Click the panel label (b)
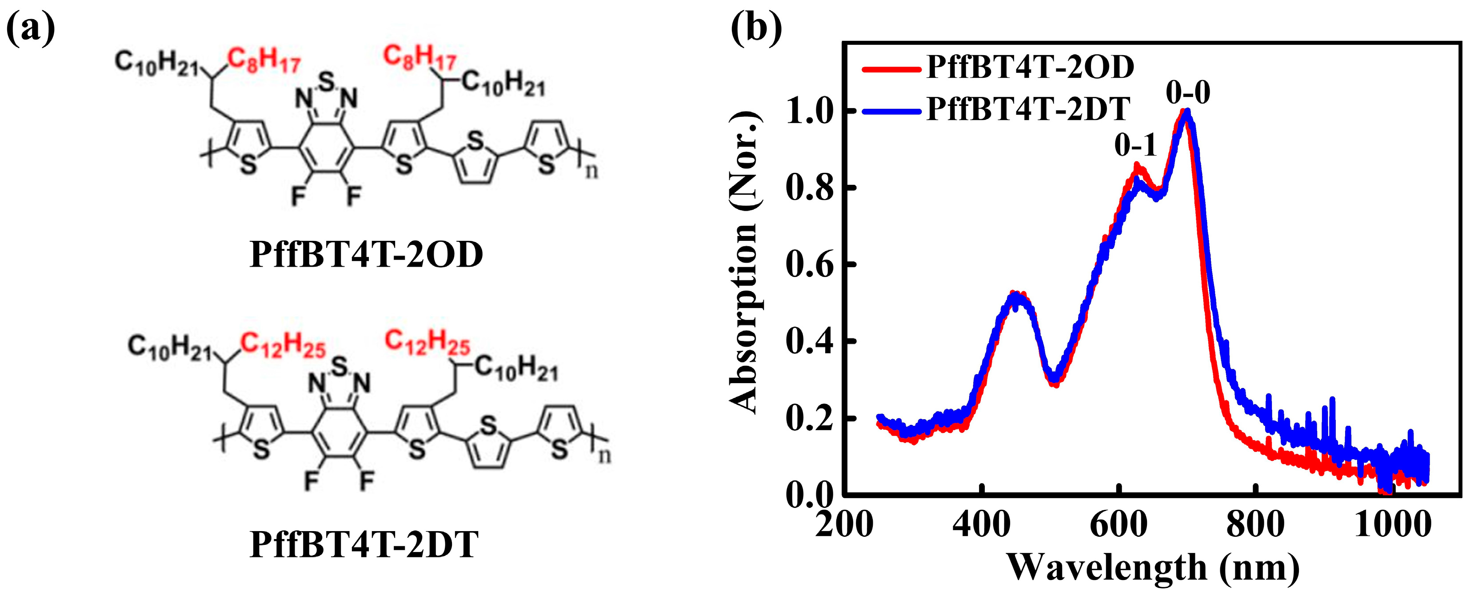[757, 28]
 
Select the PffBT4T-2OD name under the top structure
[366, 255]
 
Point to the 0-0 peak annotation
[1187, 92]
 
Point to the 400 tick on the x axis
[982, 524]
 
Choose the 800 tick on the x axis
[1255, 524]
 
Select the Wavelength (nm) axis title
[1153, 568]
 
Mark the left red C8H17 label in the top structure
[264, 60]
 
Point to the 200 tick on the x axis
[845, 524]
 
